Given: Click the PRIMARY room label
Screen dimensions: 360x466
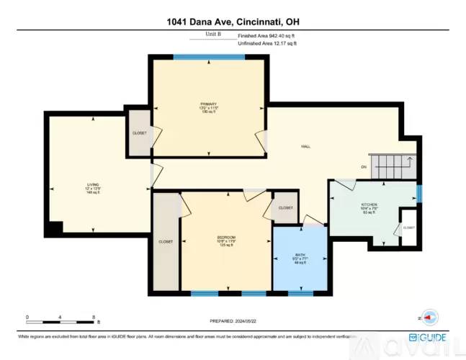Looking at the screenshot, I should tap(209, 108).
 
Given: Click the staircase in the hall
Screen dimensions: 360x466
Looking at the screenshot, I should tap(393, 166).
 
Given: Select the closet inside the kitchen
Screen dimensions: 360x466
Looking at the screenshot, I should tap(408, 226).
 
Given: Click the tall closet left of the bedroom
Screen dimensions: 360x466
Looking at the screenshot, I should tap(165, 242).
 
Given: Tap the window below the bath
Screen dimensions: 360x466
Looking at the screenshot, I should tap(300, 293).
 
